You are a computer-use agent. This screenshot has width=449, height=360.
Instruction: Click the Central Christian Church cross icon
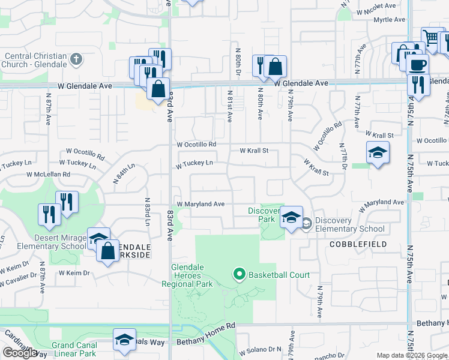coord(76,59)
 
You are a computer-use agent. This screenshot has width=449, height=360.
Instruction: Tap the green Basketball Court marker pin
coord(240,275)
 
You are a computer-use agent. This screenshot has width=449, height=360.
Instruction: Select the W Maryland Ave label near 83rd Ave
coord(200,204)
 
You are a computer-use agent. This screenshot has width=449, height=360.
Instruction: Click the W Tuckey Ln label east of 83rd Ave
coord(194,163)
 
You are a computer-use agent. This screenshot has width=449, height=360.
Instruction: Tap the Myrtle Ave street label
coord(389,20)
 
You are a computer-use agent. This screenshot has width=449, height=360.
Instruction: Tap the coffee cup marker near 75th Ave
coord(417,65)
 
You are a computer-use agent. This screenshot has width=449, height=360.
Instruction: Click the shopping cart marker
coord(431,38)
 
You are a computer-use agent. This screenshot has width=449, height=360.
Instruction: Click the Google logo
coord(19,353)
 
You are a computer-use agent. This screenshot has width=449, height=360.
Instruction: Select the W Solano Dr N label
coord(260,349)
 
